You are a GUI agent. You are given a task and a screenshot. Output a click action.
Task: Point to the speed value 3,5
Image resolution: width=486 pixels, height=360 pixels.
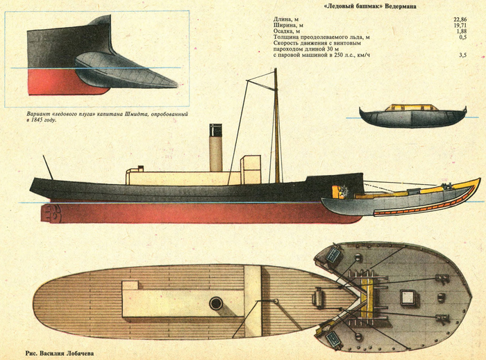(462, 63)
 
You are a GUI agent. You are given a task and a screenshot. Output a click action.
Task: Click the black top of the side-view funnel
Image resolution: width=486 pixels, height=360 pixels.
(216, 129)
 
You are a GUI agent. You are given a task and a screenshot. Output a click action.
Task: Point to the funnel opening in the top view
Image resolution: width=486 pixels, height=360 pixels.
(216, 303)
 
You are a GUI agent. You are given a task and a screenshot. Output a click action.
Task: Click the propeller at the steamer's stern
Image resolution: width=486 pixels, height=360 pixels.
(51, 213)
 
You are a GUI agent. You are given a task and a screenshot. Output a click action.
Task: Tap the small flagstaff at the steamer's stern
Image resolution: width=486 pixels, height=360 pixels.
(48, 166)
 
